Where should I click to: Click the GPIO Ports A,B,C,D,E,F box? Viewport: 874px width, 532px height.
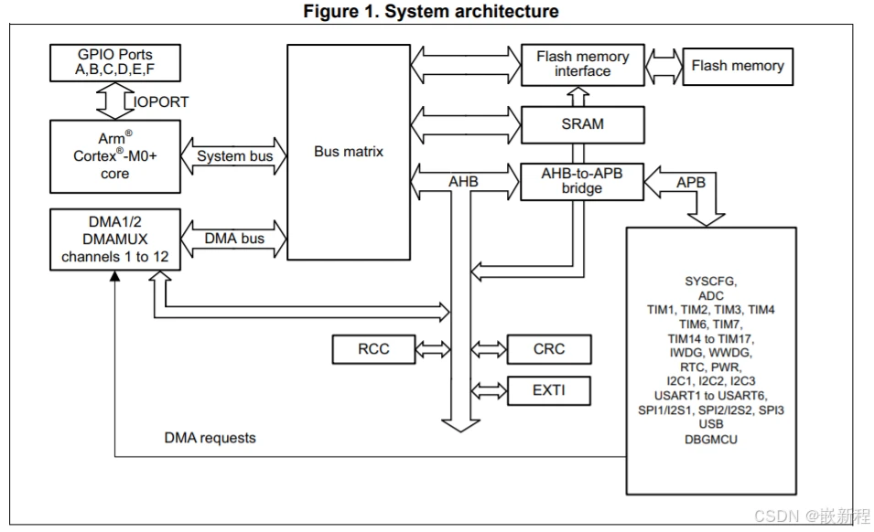(x=114, y=63)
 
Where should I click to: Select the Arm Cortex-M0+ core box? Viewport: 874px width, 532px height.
(x=114, y=156)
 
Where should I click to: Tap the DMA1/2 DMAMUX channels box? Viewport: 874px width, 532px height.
(x=114, y=239)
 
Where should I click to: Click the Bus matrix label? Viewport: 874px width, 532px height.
(x=349, y=152)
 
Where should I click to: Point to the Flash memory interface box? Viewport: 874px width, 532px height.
(x=582, y=65)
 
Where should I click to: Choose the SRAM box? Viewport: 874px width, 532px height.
(x=582, y=124)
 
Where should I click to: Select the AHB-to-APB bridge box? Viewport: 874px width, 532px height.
(x=582, y=181)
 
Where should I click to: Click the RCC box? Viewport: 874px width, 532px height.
(x=373, y=349)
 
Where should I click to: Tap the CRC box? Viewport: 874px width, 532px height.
(x=549, y=349)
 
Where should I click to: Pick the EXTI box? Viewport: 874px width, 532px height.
(x=549, y=390)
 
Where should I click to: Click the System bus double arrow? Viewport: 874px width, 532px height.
(x=234, y=156)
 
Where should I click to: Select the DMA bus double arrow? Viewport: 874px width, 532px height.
(x=234, y=239)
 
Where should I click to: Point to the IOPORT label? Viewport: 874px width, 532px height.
(x=161, y=101)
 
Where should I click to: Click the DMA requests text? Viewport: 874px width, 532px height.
(x=210, y=438)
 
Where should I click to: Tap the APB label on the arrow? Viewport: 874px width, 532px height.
(x=691, y=183)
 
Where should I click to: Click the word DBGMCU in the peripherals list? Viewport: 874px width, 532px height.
(x=711, y=440)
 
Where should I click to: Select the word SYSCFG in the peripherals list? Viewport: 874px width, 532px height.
(x=711, y=282)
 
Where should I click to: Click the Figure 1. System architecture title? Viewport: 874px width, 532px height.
(x=431, y=11)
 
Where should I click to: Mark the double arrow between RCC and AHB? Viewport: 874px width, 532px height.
(x=433, y=349)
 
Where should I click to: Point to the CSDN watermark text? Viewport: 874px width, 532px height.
(x=812, y=516)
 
